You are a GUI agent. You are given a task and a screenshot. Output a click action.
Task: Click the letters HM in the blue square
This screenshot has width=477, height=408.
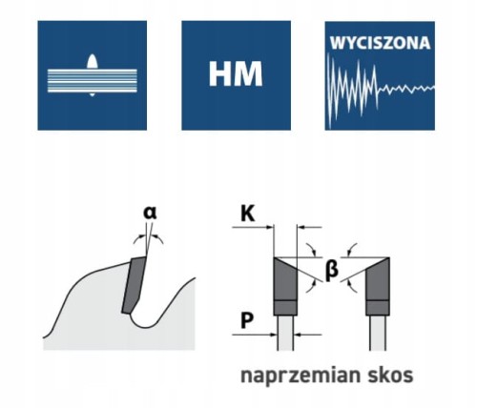236,74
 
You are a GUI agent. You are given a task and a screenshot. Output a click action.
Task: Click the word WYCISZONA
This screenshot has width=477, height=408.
380,44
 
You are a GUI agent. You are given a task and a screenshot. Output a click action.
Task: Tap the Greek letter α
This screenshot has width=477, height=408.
150,213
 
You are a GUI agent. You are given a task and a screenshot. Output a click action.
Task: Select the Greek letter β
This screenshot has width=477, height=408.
331,270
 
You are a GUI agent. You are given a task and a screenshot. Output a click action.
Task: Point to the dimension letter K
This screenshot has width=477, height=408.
248,214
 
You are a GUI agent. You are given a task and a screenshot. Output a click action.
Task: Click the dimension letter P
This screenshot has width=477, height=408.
247,320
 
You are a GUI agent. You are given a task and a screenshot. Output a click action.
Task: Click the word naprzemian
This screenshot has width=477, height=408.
298,377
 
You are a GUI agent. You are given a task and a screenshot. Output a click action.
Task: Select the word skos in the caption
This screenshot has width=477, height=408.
390,375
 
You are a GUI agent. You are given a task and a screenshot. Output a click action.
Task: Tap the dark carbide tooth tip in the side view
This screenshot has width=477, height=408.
134,284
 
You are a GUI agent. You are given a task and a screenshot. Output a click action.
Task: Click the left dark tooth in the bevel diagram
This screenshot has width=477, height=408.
285,287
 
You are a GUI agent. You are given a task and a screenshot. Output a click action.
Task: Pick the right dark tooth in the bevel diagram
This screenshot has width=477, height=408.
378,287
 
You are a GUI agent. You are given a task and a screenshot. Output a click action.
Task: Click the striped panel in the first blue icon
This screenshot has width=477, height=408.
93,81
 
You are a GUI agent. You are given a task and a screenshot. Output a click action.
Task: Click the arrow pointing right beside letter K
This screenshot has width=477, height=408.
253,227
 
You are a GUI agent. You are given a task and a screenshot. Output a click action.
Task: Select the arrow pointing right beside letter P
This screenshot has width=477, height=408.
255,335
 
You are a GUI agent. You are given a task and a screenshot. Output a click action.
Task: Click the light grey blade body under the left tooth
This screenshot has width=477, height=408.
285,333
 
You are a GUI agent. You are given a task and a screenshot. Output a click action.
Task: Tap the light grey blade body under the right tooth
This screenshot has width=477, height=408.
378,333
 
